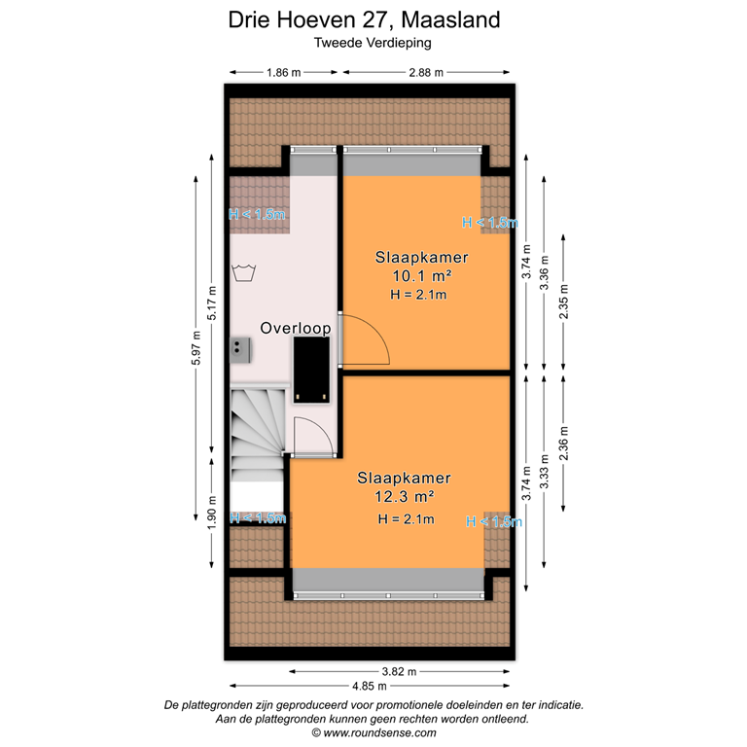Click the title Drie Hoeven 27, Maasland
pyautogui.click(x=365, y=19)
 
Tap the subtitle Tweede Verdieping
pyautogui.click(x=373, y=43)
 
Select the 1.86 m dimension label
pyautogui.click(x=283, y=72)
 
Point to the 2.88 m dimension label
pyautogui.click(x=426, y=72)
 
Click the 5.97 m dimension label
pyautogui.click(x=196, y=357)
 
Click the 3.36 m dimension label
pyautogui.click(x=545, y=273)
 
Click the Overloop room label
pyautogui.click(x=295, y=329)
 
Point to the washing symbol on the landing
pyautogui.click(x=244, y=272)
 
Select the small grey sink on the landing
pyautogui.click(x=239, y=348)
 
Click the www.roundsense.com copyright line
pyautogui.click(x=373, y=733)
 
